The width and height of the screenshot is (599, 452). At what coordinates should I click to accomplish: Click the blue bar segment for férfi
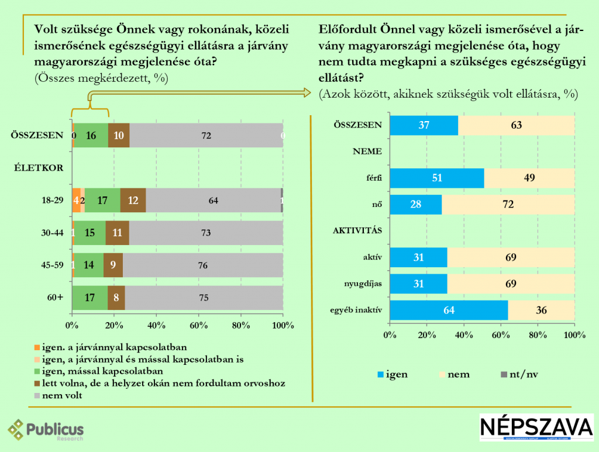(x=436, y=178)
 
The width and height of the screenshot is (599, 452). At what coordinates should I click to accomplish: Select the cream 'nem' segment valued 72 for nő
(x=508, y=205)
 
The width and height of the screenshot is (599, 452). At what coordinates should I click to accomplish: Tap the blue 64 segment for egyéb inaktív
(x=449, y=310)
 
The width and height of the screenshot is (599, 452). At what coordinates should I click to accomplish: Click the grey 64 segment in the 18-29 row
(x=213, y=201)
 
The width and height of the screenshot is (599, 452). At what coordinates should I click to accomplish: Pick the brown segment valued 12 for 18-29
(x=133, y=201)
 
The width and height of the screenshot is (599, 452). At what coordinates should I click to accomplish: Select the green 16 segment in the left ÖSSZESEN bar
(x=91, y=135)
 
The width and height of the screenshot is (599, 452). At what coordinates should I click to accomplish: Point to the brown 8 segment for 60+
(x=116, y=297)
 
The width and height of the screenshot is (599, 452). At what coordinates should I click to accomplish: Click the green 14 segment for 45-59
(x=89, y=265)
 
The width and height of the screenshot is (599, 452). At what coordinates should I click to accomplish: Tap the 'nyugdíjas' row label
(x=364, y=283)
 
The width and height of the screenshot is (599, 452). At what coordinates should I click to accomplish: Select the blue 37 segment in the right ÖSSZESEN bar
(x=424, y=125)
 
